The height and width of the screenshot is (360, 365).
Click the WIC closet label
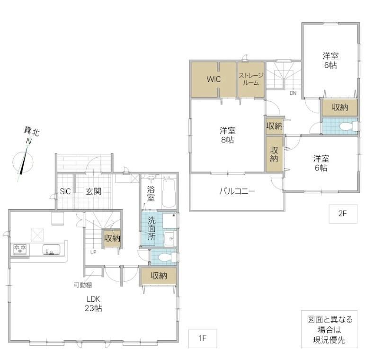(x=214, y=79)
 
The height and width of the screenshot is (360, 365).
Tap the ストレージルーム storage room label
(x=251, y=79)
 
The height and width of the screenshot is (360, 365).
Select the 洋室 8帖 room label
(x=227, y=135)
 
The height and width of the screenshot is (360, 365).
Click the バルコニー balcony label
(x=237, y=191)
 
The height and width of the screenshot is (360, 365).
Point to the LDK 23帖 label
(x=93, y=304)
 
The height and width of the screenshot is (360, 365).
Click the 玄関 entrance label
(x=93, y=191)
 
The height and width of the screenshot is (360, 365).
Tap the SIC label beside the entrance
(x=65, y=191)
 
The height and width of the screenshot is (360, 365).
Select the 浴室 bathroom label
(x=151, y=194)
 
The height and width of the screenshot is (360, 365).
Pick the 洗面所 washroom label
(x=151, y=229)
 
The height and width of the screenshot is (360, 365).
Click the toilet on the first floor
(x=167, y=257)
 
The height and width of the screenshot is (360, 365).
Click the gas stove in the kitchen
(x=20, y=249)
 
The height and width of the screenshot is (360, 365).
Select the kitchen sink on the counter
(x=52, y=249)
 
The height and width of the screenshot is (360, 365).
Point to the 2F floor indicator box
(x=343, y=214)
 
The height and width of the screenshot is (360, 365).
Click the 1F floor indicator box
(x=203, y=338)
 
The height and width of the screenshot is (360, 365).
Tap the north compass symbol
(x=23, y=162)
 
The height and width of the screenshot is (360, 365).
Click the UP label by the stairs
(x=93, y=252)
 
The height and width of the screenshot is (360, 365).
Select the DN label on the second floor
(x=293, y=93)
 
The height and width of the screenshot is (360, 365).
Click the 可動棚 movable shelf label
(x=83, y=285)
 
